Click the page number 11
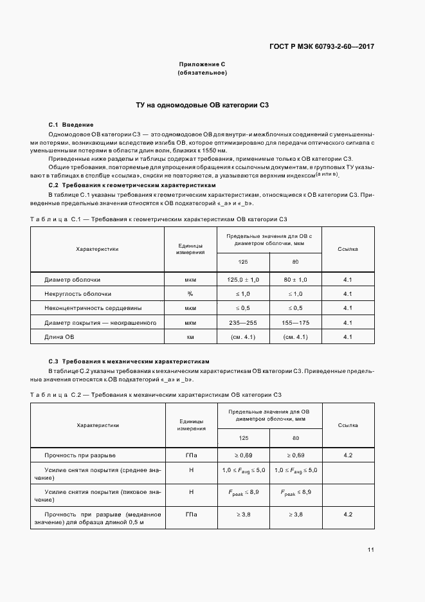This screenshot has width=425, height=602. coord(371,549)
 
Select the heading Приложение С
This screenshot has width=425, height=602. coord(202,64)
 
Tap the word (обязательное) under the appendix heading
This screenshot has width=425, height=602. coord(202,73)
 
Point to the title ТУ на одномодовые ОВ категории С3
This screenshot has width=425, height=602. coord(202,104)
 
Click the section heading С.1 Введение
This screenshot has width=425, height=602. coord(71,124)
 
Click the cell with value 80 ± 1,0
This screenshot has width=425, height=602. coord(295,280)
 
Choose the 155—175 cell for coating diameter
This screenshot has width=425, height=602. coord(295,322)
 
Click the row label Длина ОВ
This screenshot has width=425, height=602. coord(59,336)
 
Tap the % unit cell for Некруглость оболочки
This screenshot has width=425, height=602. coord(190,294)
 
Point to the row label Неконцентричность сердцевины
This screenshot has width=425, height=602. coord(93,308)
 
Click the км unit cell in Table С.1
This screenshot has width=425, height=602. coord(190,336)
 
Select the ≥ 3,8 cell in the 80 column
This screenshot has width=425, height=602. coord(295,515)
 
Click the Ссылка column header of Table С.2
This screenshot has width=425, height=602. coord(348,425)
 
